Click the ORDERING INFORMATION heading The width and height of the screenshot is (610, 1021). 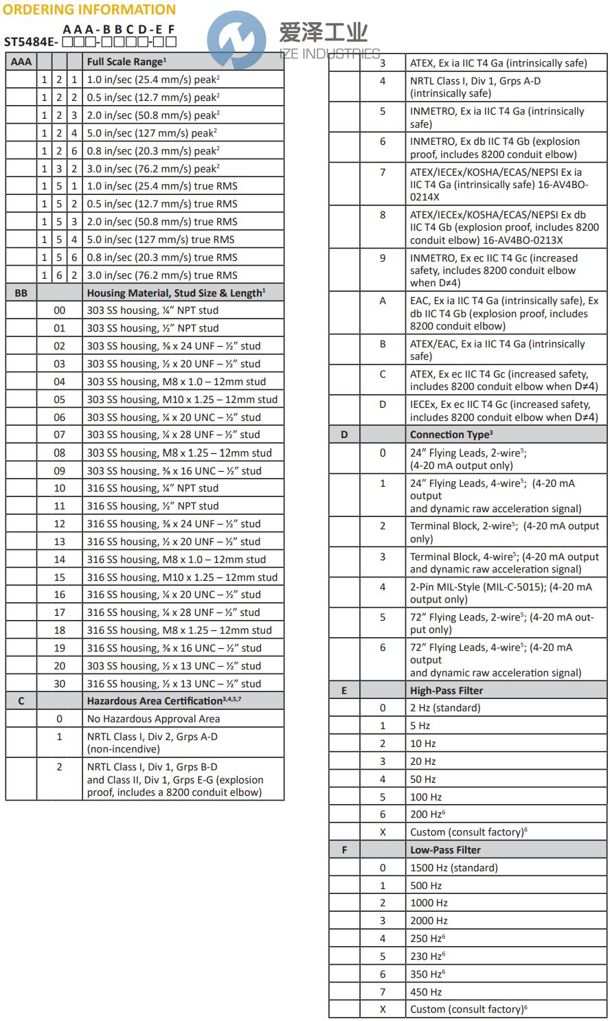[89, 10]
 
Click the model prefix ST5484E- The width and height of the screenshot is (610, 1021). [31, 42]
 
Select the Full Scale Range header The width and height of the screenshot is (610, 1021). [126, 62]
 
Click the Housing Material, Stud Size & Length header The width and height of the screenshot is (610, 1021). [176, 293]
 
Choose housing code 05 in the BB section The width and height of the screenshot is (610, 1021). [60, 400]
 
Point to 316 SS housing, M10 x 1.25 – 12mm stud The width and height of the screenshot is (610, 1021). [182, 577]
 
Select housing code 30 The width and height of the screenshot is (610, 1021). [60, 684]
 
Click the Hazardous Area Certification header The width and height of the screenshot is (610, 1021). [163, 701]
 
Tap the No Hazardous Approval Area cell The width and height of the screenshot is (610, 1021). [153, 719]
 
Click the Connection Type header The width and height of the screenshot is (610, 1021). [451, 435]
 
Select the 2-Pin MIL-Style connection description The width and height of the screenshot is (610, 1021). [500, 593]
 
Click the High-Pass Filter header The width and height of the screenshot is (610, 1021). [446, 691]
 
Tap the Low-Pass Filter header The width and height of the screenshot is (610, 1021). [445, 850]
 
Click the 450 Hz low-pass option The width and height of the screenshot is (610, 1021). [426, 992]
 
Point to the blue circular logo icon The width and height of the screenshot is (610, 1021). [236, 39]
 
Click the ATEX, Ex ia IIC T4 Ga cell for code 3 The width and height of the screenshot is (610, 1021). [498, 63]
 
